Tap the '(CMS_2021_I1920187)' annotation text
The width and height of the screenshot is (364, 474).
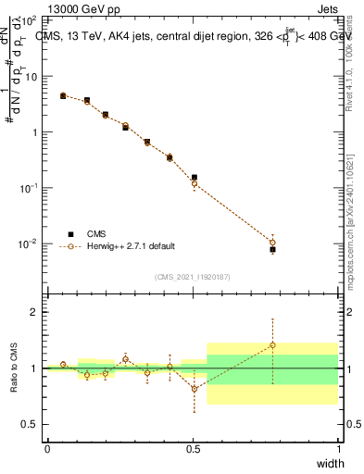[x=193, y=276]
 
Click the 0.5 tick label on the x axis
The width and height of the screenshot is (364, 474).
[x=193, y=448]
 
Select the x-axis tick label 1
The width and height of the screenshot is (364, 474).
[x=337, y=448]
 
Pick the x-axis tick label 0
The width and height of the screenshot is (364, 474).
[x=47, y=448]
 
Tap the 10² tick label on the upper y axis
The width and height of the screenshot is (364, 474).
[x=31, y=19]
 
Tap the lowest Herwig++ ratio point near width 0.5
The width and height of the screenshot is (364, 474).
[x=194, y=389]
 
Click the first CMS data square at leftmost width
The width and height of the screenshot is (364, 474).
[x=63, y=95]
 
